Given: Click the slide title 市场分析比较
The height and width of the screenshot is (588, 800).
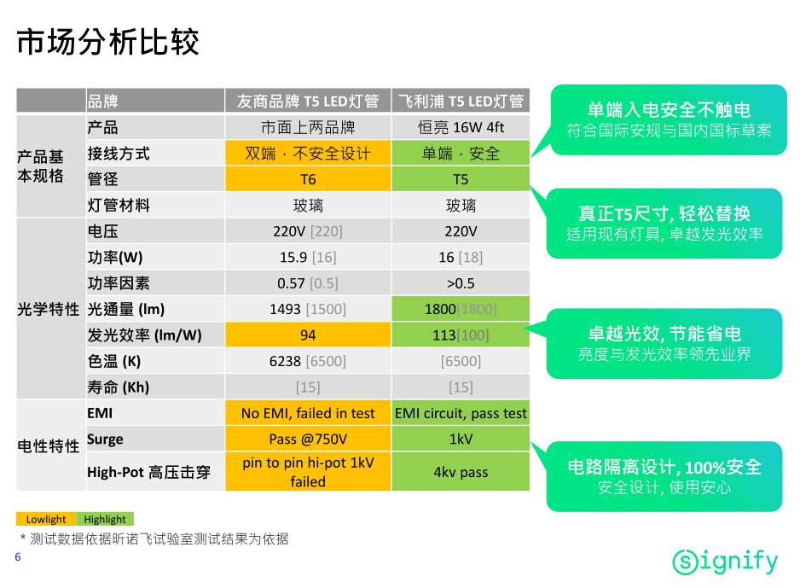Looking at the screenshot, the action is tap(107, 42).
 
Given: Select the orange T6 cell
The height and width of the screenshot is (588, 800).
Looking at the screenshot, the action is tap(308, 179).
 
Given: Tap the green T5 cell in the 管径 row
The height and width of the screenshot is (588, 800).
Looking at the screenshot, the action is tap(461, 179).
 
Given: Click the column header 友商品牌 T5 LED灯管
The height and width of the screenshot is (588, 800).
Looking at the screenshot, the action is tap(308, 101).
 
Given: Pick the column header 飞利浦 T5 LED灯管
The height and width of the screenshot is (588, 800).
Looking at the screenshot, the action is tap(461, 101).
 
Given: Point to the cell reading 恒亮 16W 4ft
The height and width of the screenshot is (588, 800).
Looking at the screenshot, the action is tap(461, 127).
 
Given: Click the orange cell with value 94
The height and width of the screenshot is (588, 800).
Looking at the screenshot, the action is tap(308, 335).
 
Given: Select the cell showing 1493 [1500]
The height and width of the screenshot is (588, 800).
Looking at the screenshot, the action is tap(308, 309).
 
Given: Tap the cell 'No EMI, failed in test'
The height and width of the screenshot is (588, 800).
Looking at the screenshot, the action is tap(308, 413).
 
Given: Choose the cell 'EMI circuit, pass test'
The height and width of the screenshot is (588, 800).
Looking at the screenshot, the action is tap(461, 413).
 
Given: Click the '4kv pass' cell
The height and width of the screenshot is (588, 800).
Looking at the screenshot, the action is tap(461, 472).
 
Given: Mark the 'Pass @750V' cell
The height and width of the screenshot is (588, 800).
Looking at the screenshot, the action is tap(308, 439).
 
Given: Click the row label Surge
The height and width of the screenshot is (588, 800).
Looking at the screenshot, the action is tap(105, 440).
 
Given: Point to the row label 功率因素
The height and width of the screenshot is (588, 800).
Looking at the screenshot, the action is tap(119, 283).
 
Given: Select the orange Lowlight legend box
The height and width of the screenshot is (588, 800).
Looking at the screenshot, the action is tap(46, 519).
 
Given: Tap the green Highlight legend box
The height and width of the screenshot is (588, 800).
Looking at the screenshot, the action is tap(105, 519).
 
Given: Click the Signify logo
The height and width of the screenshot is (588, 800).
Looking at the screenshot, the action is tap(725, 562).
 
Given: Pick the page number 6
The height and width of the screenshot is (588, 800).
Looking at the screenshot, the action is tap(18, 557).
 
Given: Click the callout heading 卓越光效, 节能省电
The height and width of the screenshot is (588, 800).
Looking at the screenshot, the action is tap(664, 334).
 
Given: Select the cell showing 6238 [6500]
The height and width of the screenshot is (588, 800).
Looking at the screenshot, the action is tap(308, 361).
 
